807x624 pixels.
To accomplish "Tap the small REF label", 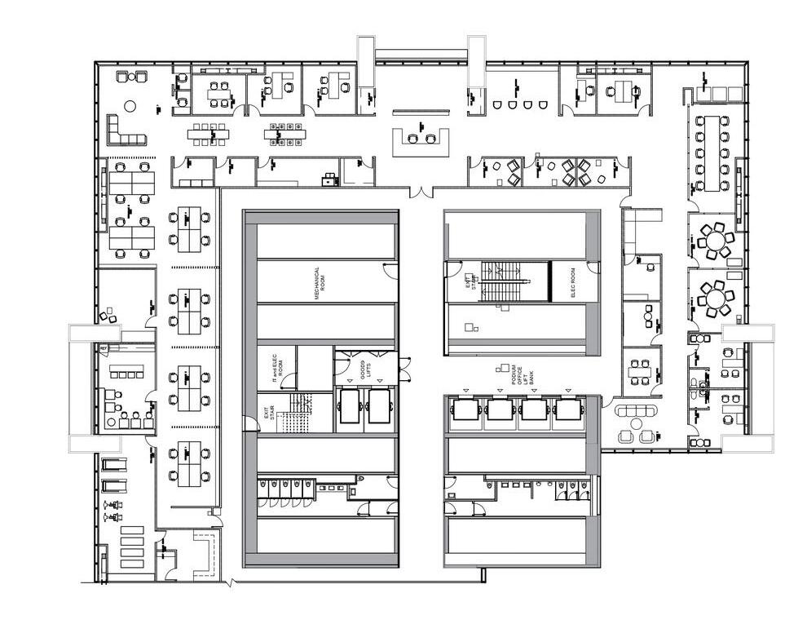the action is coord(104,348).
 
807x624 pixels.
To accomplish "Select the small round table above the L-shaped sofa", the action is coord(129,105).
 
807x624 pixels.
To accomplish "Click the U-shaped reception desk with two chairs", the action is coord(421,140).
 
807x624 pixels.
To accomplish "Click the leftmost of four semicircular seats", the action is coord(497,104).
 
